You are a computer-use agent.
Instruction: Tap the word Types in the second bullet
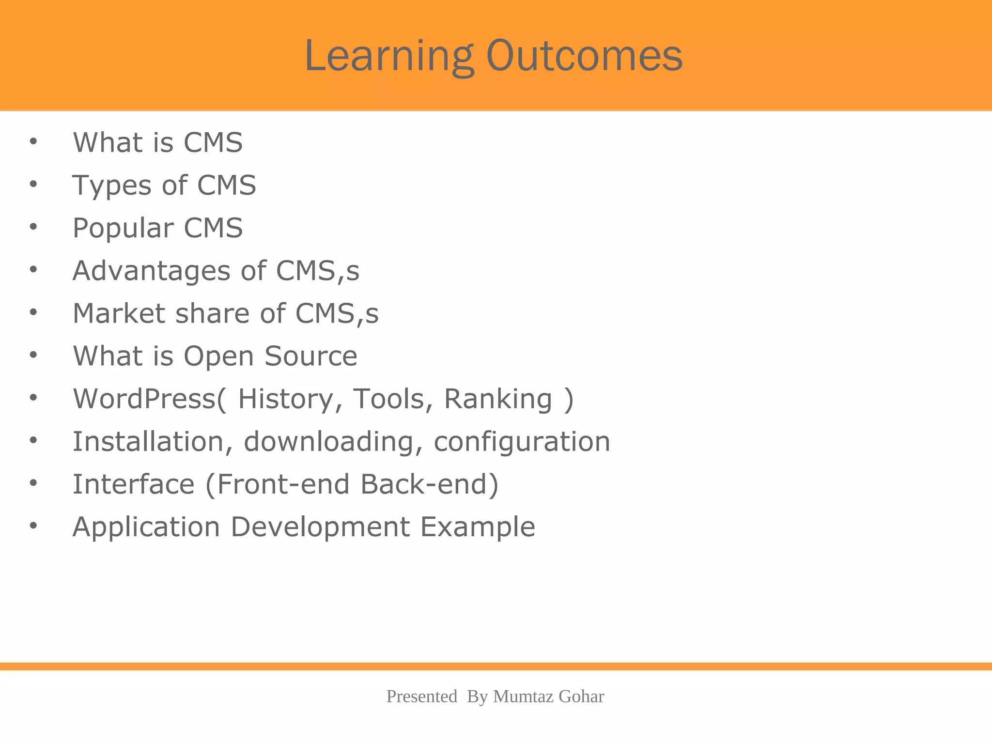click(x=112, y=186)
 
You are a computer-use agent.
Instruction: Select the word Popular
click(x=123, y=228)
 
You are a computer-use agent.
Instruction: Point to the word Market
click(x=119, y=313)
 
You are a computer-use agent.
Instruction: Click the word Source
click(x=310, y=356)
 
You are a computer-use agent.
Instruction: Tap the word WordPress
click(x=144, y=399)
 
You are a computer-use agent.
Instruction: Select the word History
click(x=285, y=399)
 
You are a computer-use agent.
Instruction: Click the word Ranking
click(x=498, y=400)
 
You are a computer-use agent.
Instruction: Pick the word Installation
click(x=148, y=442)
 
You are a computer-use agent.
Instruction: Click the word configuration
click(x=522, y=443)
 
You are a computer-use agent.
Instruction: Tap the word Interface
click(x=133, y=484)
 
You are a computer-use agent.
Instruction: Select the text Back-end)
click(x=429, y=484)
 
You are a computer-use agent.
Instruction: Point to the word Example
click(x=478, y=528)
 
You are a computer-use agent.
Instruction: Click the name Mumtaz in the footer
click(x=524, y=697)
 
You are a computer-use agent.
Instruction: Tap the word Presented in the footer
click(x=421, y=697)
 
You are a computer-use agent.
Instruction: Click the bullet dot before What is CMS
click(x=33, y=142)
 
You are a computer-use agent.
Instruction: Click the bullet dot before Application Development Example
click(x=33, y=526)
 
